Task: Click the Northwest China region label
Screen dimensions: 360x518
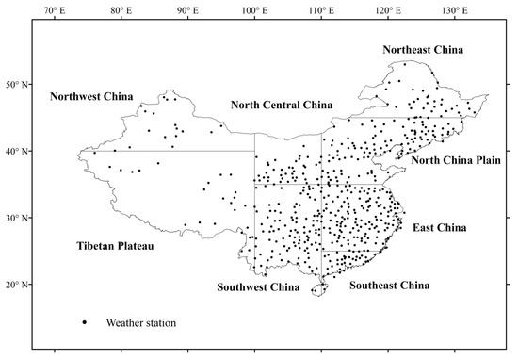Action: [93, 96]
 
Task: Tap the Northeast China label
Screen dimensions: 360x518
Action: [423, 49]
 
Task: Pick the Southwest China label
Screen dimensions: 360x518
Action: [256, 286]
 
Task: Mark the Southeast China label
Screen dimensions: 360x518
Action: [389, 285]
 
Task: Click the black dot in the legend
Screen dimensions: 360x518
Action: [85, 322]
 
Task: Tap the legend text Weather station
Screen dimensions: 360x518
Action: [141, 322]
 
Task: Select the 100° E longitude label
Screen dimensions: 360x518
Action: [254, 10]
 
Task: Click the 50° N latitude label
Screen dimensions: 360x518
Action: [17, 84]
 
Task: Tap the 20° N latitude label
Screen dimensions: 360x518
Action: [17, 285]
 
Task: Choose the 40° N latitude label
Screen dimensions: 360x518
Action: [17, 151]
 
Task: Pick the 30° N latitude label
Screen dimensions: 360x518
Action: [17, 218]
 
